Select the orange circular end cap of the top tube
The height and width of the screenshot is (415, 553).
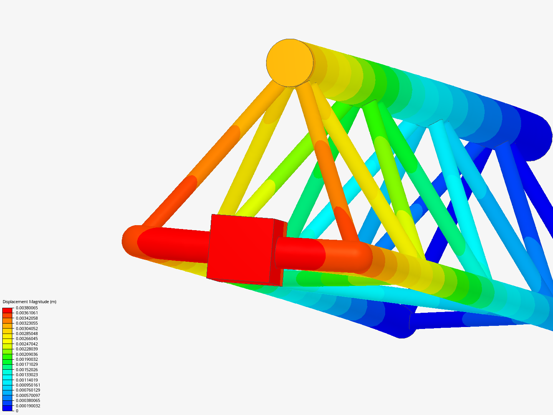coord(290,63)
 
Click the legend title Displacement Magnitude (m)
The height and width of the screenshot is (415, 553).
coord(30,302)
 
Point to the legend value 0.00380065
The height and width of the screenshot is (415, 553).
coord(27,308)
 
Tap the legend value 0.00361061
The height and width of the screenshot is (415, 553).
coord(27,313)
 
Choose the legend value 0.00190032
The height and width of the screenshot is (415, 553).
coord(27,359)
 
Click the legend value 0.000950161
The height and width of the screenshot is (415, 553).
coord(28,385)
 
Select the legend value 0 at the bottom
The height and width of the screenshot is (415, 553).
coord(17,411)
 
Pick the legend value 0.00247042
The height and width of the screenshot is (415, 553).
coord(27,344)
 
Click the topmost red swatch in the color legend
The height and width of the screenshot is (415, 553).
coord(7,310)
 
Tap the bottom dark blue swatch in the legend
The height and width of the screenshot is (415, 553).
coord(7,408)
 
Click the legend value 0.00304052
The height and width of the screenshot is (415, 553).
coord(27,329)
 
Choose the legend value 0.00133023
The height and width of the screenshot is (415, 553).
coord(27,375)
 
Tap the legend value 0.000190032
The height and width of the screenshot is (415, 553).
coord(28,406)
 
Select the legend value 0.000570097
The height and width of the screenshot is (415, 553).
coord(28,395)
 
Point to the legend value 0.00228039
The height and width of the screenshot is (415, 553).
coord(27,349)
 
